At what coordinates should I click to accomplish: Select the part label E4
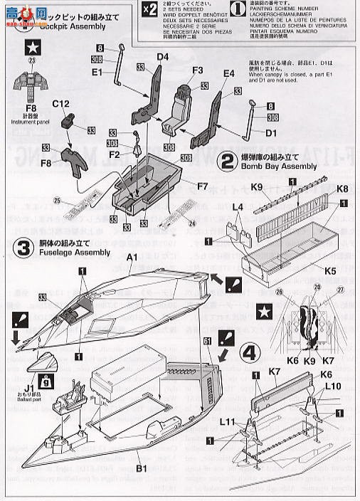228,73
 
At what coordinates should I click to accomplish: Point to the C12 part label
61,104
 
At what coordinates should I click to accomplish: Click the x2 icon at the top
147,9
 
